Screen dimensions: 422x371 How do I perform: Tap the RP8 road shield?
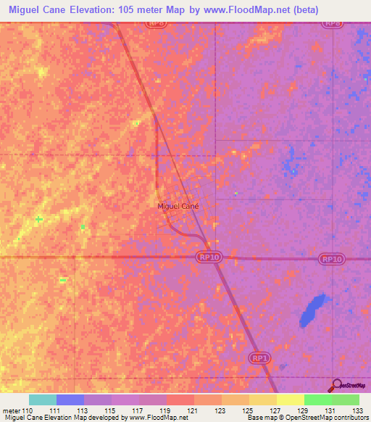click(x=333, y=23)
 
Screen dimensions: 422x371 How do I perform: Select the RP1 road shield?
click(x=259, y=358)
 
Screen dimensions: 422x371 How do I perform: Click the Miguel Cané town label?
click(x=178, y=206)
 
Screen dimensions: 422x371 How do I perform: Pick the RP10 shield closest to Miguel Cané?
click(x=208, y=257)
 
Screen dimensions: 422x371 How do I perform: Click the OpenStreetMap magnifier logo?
click(x=336, y=386)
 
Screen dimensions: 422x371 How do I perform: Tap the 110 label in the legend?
click(x=28, y=410)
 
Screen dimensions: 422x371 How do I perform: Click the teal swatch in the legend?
click(x=42, y=400)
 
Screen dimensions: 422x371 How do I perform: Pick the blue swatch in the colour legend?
click(x=70, y=400)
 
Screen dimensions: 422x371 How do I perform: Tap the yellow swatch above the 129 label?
click(x=290, y=400)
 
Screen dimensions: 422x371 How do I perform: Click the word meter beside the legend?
click(x=10, y=410)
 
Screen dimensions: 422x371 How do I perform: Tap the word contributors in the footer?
click(x=351, y=418)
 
